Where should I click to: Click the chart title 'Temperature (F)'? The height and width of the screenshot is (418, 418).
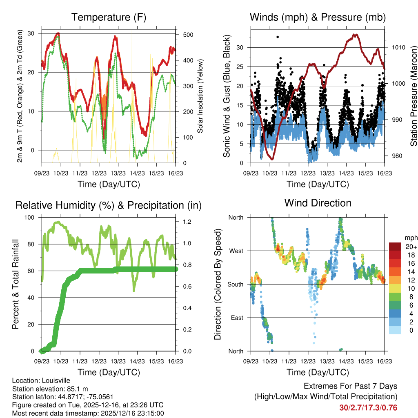[109, 17]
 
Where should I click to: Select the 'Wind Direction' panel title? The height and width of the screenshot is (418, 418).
[318, 202]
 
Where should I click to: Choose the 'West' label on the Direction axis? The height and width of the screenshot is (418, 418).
[236, 251]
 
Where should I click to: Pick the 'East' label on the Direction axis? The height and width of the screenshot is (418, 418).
[236, 318]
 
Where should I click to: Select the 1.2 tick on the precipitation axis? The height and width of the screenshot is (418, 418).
[186, 222]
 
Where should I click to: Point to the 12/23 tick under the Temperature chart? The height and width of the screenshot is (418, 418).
[99, 173]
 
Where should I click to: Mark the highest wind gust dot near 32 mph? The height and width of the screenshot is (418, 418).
[278, 37]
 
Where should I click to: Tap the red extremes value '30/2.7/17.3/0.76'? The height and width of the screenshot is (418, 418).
[368, 407]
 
